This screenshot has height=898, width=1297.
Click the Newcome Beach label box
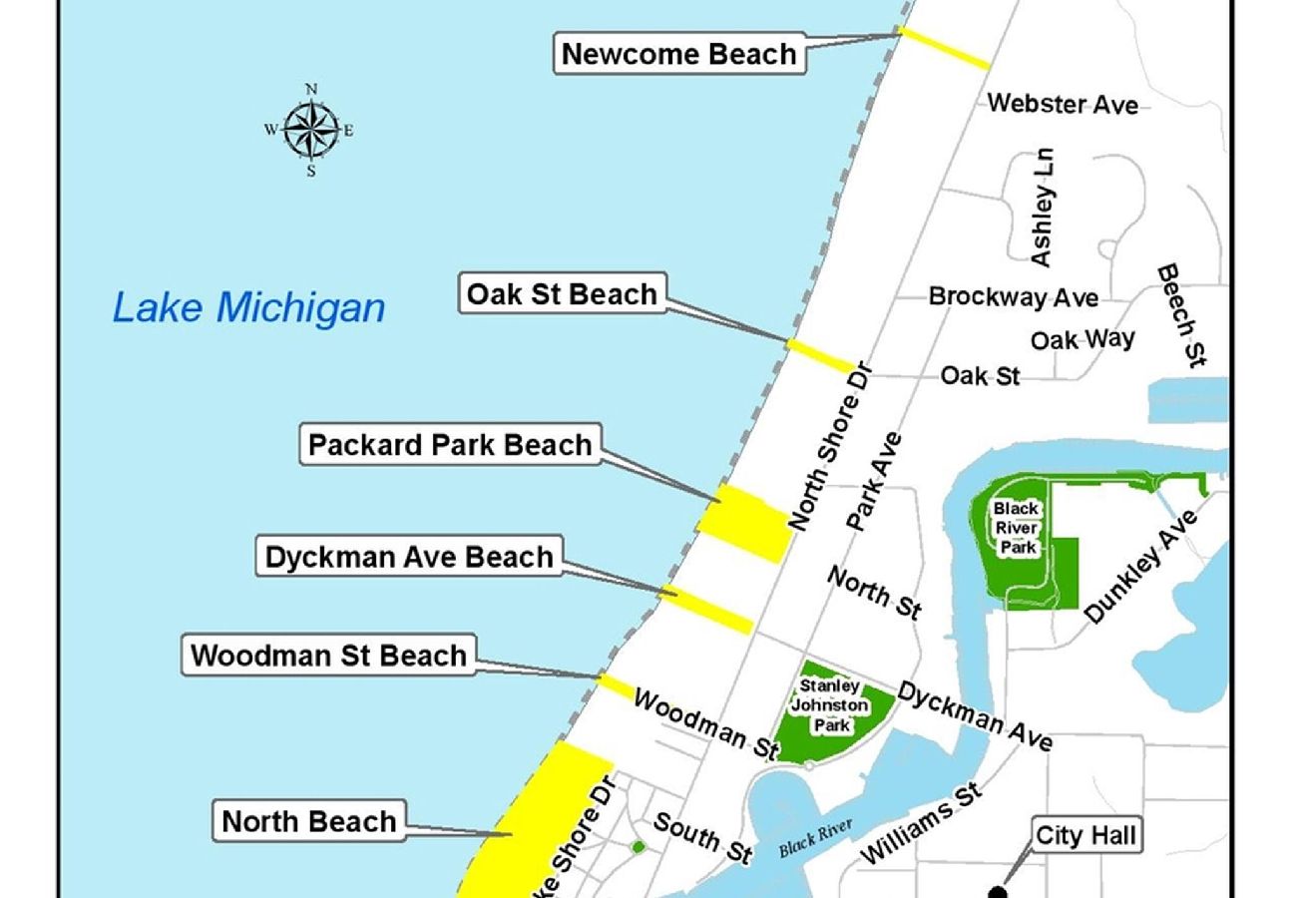pyautogui.click(x=678, y=54)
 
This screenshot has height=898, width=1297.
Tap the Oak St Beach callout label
pyautogui.click(x=562, y=294)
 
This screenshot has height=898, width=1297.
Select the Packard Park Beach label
pyautogui.click(x=450, y=445)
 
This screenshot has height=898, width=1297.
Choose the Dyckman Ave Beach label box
pyautogui.click(x=409, y=557)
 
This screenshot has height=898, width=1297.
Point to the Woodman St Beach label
pyautogui.click(x=328, y=656)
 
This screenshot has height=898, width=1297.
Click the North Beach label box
pyautogui.click(x=309, y=821)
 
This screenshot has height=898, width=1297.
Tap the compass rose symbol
pyautogui.click(x=310, y=130)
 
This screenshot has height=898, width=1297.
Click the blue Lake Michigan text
pyautogui.click(x=248, y=307)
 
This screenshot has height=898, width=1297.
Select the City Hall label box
pyautogui.click(x=1085, y=835)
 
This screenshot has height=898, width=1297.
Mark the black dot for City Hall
pyautogui.click(x=995, y=891)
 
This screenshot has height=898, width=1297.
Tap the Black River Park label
pyautogui.click(x=1016, y=528)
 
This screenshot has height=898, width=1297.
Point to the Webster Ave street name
pyautogui.click(x=1062, y=103)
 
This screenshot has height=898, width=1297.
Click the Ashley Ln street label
pyautogui.click(x=1042, y=209)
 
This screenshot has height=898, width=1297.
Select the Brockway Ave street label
pyautogui.click(x=1013, y=297)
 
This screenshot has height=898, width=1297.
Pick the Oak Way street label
pyautogui.click(x=1082, y=339)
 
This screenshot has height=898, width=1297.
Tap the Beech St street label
pyautogui.click(x=1183, y=315)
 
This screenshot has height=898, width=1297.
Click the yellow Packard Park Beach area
pyautogui.click(x=746, y=523)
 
